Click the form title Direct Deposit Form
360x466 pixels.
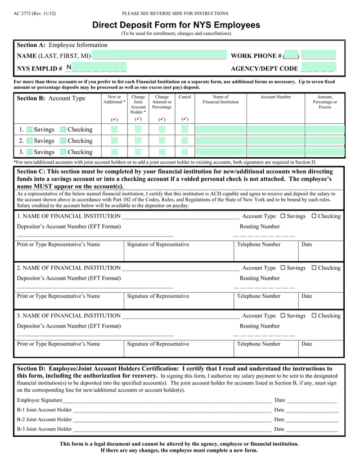pos(176,25)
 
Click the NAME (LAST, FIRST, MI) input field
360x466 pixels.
pos(159,55)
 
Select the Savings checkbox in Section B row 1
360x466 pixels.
pos(30,129)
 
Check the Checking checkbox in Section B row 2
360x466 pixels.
pos(64,141)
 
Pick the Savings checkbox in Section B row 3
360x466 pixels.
pos(30,152)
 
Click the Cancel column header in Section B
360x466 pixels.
pos(184,97)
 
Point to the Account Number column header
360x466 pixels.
pos(276,97)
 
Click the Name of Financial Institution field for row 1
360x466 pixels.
pos(220,129)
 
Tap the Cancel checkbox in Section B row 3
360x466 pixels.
pos(184,152)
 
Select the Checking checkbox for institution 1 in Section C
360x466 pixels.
pos(314,216)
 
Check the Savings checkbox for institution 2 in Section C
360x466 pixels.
pos(283,268)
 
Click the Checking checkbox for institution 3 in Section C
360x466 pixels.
pos(314,316)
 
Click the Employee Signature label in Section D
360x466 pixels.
pos(39,400)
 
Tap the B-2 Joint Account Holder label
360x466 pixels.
pos(44,419)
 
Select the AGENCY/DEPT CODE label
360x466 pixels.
pos(264,69)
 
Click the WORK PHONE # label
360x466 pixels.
pos(256,56)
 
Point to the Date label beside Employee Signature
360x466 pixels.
pos(280,400)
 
